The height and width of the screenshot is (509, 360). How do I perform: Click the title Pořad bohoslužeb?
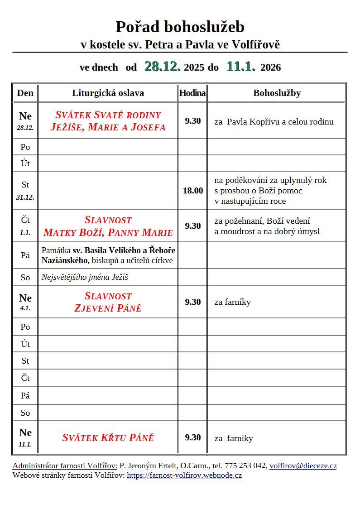click(180, 27)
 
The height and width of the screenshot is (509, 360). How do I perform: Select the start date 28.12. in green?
click(163, 67)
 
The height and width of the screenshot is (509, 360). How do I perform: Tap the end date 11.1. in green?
click(241, 67)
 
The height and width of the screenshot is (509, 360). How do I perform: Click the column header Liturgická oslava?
click(108, 93)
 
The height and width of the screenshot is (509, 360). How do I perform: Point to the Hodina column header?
click(192, 93)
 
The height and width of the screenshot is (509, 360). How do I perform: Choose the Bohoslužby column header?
click(277, 93)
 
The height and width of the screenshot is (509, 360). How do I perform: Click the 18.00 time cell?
click(193, 191)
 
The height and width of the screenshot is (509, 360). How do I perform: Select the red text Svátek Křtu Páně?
click(108, 438)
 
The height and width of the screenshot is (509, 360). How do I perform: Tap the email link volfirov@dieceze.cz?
click(303, 466)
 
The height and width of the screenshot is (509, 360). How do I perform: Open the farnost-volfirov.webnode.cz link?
click(184, 475)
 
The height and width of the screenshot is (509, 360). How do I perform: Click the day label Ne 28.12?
click(25, 121)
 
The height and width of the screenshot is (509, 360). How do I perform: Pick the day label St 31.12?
click(25, 190)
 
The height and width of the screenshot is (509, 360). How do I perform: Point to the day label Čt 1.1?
click(25, 225)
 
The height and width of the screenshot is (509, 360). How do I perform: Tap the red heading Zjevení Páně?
click(108, 308)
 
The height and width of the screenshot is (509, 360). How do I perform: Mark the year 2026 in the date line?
click(271, 68)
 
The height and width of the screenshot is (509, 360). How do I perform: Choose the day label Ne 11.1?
click(25, 437)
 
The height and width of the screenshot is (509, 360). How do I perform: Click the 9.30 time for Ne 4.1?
click(193, 302)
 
